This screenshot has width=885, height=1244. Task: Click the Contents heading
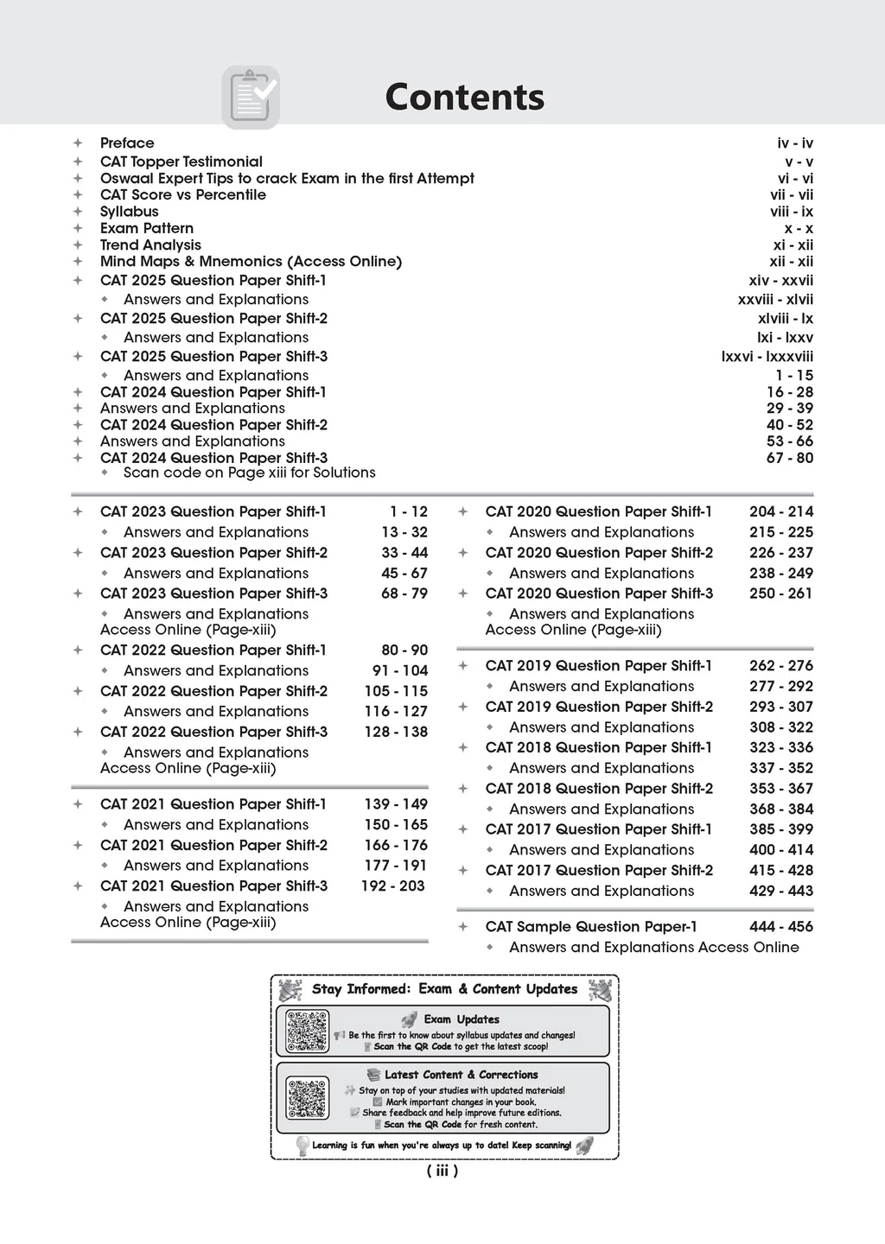464,97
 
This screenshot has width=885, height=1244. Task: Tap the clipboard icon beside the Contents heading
251,97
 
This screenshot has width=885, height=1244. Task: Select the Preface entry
127,143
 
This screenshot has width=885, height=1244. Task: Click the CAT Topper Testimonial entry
181,162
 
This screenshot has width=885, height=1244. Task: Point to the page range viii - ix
792,212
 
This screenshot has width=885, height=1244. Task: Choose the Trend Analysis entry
150,245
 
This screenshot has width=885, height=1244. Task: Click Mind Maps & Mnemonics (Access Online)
251,262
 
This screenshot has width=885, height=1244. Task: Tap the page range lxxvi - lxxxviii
767,357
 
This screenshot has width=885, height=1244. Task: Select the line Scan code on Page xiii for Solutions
249,473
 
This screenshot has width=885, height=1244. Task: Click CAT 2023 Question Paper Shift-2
213,553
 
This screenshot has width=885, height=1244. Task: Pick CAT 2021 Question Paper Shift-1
213,804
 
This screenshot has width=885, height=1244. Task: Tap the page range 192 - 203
393,886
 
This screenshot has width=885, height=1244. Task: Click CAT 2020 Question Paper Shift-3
599,593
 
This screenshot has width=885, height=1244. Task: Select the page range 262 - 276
781,666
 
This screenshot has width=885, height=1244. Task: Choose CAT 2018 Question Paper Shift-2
599,789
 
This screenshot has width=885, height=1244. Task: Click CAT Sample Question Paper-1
591,927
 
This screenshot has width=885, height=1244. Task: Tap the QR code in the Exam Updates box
308,1031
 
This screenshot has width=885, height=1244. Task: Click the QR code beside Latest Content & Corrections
308,1098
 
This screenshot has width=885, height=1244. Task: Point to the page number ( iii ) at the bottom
442,1171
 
